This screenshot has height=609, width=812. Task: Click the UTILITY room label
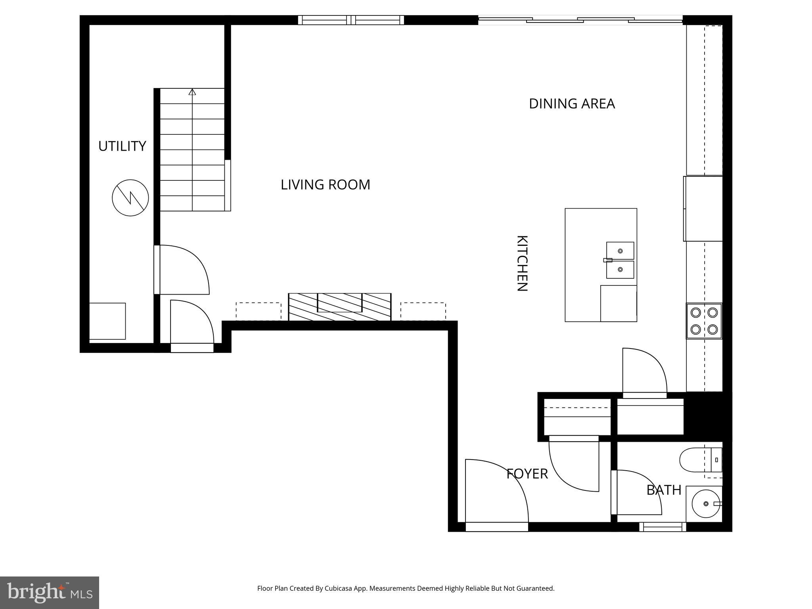pyautogui.click(x=122, y=146)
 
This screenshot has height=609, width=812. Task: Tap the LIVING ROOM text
pyautogui.click(x=325, y=185)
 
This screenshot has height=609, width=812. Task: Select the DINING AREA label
pyautogui.click(x=572, y=103)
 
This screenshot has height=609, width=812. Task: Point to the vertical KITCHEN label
pyautogui.click(x=522, y=263)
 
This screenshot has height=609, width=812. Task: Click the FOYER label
pyautogui.click(x=527, y=474)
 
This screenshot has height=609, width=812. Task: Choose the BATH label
pyautogui.click(x=664, y=490)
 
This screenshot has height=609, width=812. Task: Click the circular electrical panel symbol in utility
pyautogui.click(x=130, y=197)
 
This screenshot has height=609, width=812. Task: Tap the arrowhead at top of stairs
pyautogui.click(x=192, y=92)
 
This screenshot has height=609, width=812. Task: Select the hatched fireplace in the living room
pyautogui.click(x=339, y=307)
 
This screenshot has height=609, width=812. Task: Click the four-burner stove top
pyautogui.click(x=704, y=321)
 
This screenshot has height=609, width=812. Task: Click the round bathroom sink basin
pyautogui.click(x=706, y=504)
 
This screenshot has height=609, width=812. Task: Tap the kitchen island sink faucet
pyautogui.click(x=608, y=260)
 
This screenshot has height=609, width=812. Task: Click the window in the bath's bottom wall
pyautogui.click(x=662, y=527)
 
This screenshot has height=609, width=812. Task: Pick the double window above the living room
pyautogui.click(x=351, y=20)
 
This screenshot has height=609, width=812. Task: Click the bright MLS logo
pyautogui.click(x=50, y=592)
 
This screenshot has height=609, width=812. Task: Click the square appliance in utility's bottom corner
pyautogui.click(x=107, y=321)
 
